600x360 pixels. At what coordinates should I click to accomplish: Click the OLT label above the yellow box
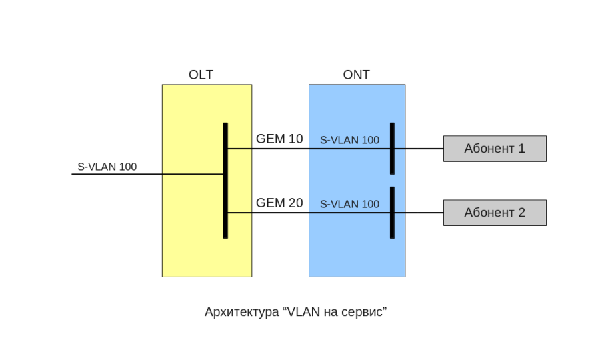201,75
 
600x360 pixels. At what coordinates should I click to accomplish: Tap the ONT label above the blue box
356,75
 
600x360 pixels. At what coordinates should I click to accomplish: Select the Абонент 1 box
495,149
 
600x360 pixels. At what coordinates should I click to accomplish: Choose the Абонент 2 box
495,213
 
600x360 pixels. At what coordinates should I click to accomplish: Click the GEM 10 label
279,139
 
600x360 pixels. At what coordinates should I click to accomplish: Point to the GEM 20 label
279,203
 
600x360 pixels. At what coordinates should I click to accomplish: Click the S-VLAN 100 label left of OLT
107,167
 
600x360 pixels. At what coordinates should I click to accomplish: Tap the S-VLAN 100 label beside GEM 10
349,140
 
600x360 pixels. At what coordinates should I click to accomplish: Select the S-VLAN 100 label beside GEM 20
349,204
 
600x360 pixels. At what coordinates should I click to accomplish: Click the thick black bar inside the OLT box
225,180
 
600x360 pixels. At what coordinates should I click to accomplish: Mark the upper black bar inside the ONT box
392,148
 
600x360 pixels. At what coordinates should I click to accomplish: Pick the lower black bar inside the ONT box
392,212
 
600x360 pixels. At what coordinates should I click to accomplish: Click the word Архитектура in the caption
241,312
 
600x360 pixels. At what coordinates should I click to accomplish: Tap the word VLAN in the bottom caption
302,312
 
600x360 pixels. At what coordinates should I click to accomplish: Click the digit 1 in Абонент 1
521,149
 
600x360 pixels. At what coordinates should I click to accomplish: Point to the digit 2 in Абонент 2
521,213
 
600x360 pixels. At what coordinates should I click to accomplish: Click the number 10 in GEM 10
295,139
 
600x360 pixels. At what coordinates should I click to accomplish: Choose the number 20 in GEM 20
295,203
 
